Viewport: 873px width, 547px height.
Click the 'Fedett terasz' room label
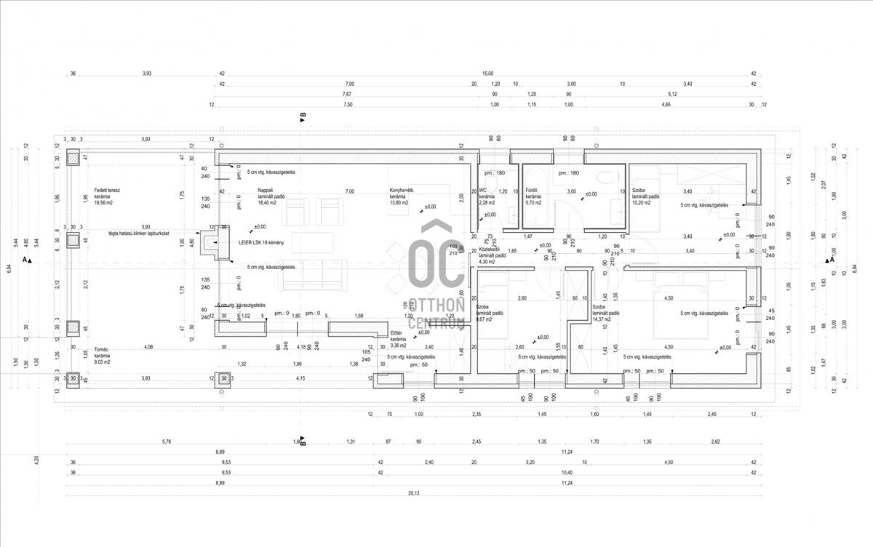pos(107,190)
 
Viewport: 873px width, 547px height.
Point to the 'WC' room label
pos(482,190)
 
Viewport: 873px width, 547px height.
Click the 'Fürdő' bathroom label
pos(532,190)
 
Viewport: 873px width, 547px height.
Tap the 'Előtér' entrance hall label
pos(397,332)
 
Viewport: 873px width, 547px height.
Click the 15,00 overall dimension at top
pos(487,73)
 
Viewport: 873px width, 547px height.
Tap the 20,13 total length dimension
pos(413,493)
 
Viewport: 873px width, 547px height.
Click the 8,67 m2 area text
pos(485,319)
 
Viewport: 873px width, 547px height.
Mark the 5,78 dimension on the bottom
pos(167,442)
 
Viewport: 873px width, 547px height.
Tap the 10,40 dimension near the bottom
pos(567,472)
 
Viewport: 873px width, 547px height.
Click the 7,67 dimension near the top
pos(346,95)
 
